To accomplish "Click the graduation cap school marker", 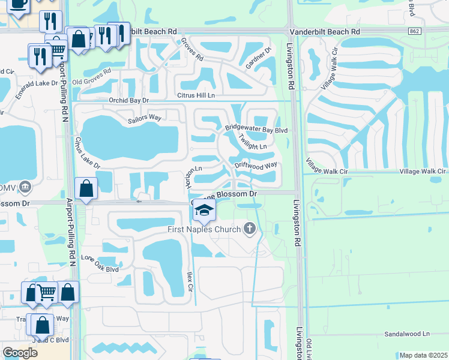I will point(205,211).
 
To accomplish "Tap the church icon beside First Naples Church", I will point(250,228).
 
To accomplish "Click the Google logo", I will point(20,353).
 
